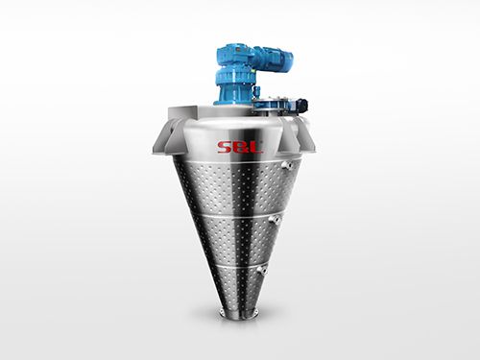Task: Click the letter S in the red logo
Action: coord(225,147)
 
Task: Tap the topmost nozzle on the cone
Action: coord(286,164)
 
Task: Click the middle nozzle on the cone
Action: coord(274,219)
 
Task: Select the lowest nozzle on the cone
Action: coord(262,271)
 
